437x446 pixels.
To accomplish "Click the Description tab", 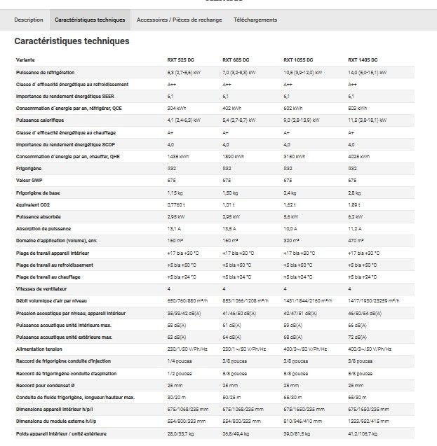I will (29, 20).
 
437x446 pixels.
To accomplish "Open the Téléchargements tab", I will (255, 20).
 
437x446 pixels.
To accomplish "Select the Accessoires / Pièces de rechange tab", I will (179, 20).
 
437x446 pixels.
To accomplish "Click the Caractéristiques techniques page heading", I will (72, 41).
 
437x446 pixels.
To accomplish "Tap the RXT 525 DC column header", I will (181, 60).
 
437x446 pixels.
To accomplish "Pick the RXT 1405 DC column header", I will (363, 60).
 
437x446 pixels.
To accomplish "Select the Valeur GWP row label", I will (29, 181).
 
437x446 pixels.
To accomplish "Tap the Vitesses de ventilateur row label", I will (44, 288).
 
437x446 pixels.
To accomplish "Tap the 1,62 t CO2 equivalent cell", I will (289, 204).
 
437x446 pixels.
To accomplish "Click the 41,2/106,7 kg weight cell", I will (365, 434).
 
